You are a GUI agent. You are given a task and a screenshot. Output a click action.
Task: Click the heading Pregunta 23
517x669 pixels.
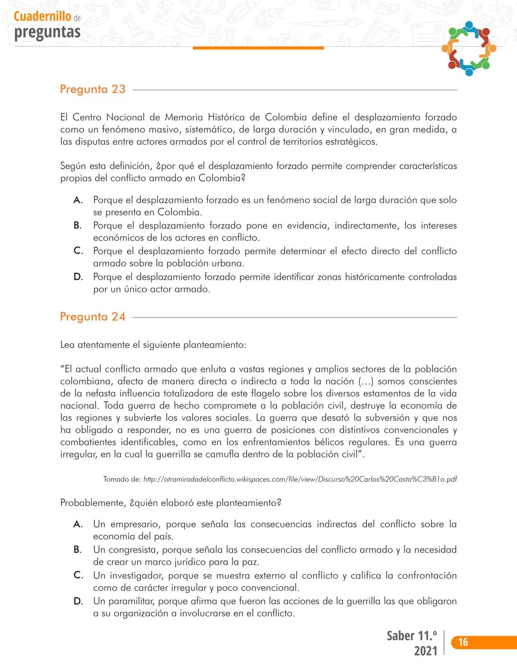pyautogui.click(x=92, y=90)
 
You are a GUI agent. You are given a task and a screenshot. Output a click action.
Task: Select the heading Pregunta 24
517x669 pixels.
pyautogui.click(x=92, y=317)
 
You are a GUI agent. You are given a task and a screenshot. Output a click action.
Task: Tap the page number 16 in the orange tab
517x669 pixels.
pyautogui.click(x=463, y=643)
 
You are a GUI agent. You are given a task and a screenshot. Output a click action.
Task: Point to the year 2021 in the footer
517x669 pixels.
pyautogui.click(x=425, y=651)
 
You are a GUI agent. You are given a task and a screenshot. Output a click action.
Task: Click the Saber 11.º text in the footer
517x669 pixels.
pyautogui.click(x=412, y=636)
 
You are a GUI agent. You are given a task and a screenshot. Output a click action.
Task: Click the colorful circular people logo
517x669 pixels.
pyautogui.click(x=469, y=48)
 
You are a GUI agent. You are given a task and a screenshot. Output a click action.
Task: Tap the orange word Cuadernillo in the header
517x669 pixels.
pyautogui.click(x=42, y=16)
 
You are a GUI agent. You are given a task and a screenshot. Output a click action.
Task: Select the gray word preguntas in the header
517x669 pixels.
pyautogui.click(x=47, y=32)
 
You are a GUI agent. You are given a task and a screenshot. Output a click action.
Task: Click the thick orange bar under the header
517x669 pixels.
pyautogui.click(x=258, y=48)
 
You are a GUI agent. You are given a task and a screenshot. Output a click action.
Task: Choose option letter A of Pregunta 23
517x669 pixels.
pyautogui.click(x=78, y=200)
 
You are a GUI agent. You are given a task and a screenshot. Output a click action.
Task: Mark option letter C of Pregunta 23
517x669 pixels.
pyautogui.click(x=78, y=251)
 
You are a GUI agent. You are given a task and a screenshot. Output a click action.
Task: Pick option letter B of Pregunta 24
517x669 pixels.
pyautogui.click(x=78, y=550)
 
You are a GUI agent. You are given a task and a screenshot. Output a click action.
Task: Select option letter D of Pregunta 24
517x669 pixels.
pyautogui.click(x=78, y=601)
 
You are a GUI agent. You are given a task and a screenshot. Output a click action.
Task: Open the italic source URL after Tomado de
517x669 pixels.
pyautogui.click(x=300, y=479)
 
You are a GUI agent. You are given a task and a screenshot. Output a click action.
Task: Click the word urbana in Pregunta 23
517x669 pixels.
pyautogui.click(x=225, y=263)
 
